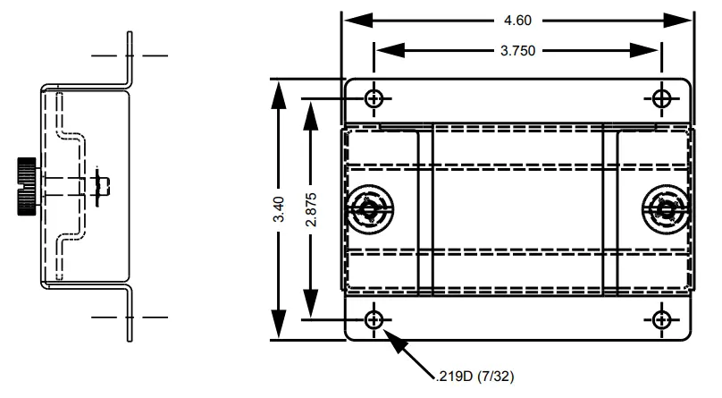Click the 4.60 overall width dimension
pyautogui.click(x=519, y=20)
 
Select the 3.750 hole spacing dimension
pyautogui.click(x=518, y=51)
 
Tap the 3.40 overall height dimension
pyautogui.click(x=279, y=209)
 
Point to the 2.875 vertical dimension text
pyautogui.click(x=310, y=209)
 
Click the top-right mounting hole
pyautogui.click(x=662, y=97)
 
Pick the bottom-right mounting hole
pyautogui.click(x=662, y=319)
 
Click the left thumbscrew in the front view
pyautogui.click(x=367, y=209)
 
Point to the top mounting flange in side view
pyautogui.click(x=130, y=58)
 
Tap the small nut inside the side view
pyautogui.click(x=101, y=185)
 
